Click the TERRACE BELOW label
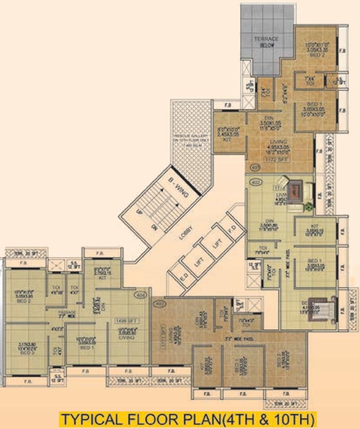(x=266, y=42)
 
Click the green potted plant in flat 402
(x=309, y=206)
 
